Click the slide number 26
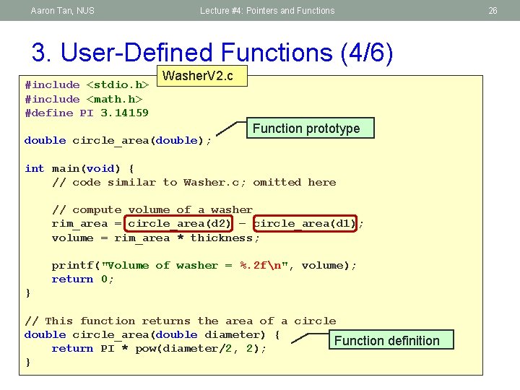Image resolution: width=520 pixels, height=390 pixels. pos(493,11)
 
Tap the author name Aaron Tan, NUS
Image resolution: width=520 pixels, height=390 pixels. pos(63,11)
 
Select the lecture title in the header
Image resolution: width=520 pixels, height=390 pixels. pos(267,11)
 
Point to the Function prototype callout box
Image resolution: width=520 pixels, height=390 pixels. pos(306,129)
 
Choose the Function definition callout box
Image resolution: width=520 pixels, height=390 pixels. pos(386,340)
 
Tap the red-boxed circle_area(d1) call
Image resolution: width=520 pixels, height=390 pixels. pos(305,224)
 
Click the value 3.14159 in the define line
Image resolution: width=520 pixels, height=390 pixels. pos(124,113)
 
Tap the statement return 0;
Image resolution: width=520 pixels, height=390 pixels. pos(83,279)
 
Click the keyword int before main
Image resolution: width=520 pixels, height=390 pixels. pos(34,168)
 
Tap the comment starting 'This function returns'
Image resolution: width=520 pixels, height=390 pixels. pos(181,321)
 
